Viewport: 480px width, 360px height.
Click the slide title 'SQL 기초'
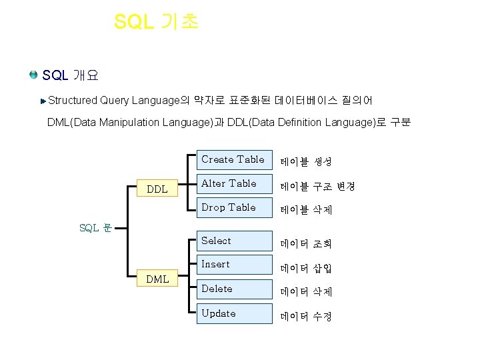tap(156, 21)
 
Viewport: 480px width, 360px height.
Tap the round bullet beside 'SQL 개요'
tap(33, 74)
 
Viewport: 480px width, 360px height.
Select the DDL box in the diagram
tap(157, 189)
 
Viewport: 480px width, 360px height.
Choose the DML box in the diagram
tap(157, 279)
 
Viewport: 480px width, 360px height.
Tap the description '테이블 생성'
tap(306, 162)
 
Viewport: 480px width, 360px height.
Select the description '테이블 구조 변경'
tap(317, 186)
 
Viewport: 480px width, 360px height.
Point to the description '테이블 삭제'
tap(306, 210)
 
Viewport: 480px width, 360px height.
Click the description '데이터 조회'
tap(306, 244)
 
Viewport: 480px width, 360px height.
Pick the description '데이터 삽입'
tap(306, 268)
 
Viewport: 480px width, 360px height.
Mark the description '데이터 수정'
tap(306, 316)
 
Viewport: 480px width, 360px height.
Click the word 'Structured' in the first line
tap(73, 101)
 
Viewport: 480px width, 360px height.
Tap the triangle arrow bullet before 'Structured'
tap(43, 101)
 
